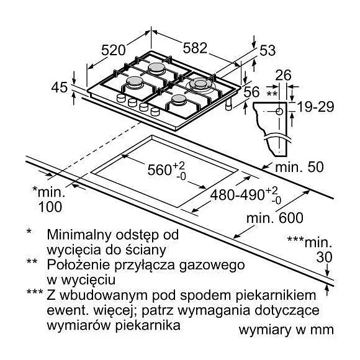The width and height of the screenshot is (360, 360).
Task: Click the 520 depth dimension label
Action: tap(114, 50)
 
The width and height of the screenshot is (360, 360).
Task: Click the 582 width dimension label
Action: tap(195, 48)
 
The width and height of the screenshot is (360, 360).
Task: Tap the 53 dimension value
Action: tap(268, 50)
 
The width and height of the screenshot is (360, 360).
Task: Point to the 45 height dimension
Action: tap(60, 88)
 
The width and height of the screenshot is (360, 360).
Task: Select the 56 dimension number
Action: tap(251, 92)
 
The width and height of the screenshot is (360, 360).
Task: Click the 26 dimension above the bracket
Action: tap(283, 75)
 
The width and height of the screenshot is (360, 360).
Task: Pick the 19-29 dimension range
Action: tap(315, 107)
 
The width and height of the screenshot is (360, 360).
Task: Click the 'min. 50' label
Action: tap(299, 167)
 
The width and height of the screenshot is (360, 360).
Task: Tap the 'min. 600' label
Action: tap(275, 218)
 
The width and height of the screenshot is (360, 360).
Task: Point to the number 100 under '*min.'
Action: tap(50, 207)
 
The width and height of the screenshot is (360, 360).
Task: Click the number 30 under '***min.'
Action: tap(324, 257)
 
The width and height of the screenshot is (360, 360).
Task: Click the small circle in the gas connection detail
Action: tap(279, 112)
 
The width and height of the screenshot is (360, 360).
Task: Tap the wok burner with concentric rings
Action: tap(199, 85)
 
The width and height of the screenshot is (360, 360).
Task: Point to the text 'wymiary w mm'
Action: tap(286, 330)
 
